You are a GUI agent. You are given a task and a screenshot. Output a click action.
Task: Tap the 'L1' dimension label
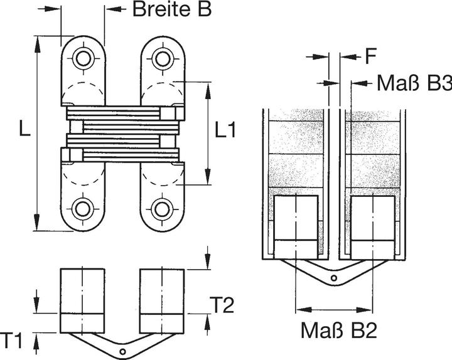click(x=225, y=130)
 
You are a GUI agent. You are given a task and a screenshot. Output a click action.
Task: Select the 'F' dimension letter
click(x=370, y=57)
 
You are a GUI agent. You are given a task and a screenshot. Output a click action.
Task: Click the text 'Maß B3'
click(x=414, y=83)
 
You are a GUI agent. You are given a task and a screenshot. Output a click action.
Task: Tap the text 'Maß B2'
click(x=338, y=331)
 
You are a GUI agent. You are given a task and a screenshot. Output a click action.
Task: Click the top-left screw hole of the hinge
click(x=83, y=59)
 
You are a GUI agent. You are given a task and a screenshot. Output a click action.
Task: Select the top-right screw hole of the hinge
click(x=163, y=59)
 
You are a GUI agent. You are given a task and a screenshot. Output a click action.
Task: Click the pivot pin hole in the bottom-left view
click(x=123, y=352)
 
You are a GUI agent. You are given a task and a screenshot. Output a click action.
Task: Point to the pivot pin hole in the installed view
click(x=334, y=278)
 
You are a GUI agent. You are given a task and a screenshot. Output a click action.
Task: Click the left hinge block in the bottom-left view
click(x=82, y=300)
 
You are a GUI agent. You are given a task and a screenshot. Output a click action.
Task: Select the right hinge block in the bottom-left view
click(x=163, y=300)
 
